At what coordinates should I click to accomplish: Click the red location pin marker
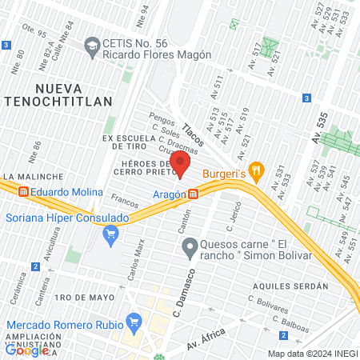pos(180,164)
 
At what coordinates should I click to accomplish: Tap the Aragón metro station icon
pos(194,194)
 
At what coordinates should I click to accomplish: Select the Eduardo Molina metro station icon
pos(24,192)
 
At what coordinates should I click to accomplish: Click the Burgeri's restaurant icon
pos(256,170)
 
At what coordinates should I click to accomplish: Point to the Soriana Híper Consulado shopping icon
pos(111,234)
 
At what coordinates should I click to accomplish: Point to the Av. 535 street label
pos(320,127)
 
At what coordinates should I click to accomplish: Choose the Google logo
pos(27,349)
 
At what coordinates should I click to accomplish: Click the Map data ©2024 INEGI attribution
pos(312,354)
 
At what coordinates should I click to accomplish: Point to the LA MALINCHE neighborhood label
pos(32,176)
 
